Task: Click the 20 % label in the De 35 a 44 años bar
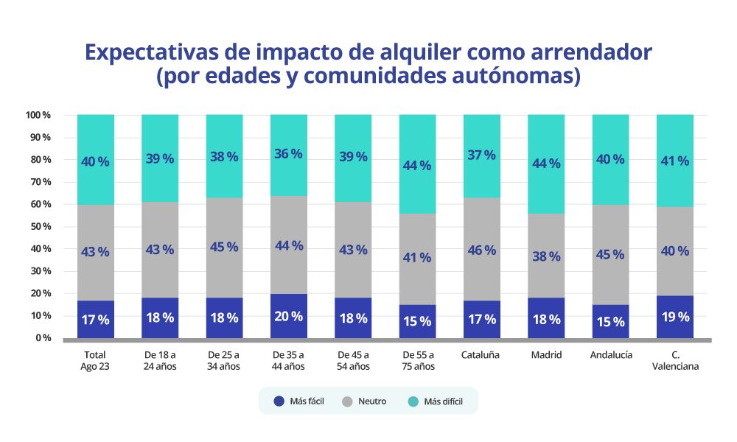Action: click(x=288, y=316)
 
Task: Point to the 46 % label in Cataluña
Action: click(x=481, y=250)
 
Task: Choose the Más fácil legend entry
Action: click(x=298, y=401)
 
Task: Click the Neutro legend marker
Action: click(x=348, y=401)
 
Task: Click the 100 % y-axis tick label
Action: click(x=37, y=115)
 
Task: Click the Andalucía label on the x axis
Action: click(x=610, y=355)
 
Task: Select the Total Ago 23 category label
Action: click(x=95, y=360)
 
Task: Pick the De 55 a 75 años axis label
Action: click(x=416, y=360)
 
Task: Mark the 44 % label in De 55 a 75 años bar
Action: click(x=417, y=165)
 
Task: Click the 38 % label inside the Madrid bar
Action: click(x=546, y=256)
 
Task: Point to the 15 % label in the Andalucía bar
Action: click(x=610, y=322)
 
